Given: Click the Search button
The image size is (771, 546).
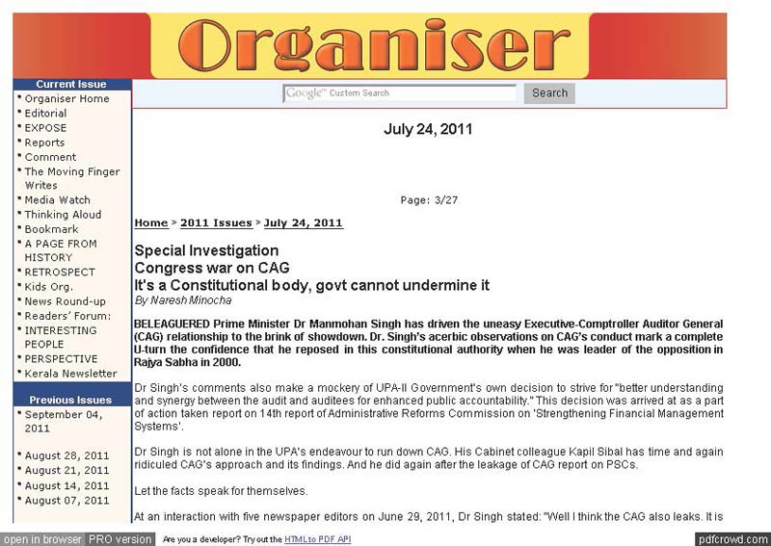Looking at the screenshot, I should click(549, 93).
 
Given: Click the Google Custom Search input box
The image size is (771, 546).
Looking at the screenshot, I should click(400, 93).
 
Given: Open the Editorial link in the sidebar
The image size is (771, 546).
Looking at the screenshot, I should click(45, 114).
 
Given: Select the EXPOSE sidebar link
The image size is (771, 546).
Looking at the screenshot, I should click(45, 128).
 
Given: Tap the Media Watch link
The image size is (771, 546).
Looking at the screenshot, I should click(57, 200).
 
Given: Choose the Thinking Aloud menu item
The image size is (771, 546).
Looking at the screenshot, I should click(63, 215).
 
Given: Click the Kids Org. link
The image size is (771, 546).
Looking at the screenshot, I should click(48, 287).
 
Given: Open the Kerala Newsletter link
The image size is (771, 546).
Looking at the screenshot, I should click(70, 374).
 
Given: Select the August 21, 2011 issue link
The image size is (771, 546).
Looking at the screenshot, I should click(66, 471).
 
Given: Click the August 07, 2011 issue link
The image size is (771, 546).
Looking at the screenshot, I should click(66, 501).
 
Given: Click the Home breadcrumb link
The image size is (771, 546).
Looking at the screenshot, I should click(151, 223).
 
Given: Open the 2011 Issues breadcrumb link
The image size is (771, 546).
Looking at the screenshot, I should click(216, 223).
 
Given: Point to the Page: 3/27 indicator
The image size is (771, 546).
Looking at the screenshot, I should click(429, 200).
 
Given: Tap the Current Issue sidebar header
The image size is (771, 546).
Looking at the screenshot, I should click(71, 84).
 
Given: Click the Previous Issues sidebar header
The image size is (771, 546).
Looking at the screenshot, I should click(70, 400).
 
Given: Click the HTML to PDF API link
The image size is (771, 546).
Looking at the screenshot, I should click(317, 539).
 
